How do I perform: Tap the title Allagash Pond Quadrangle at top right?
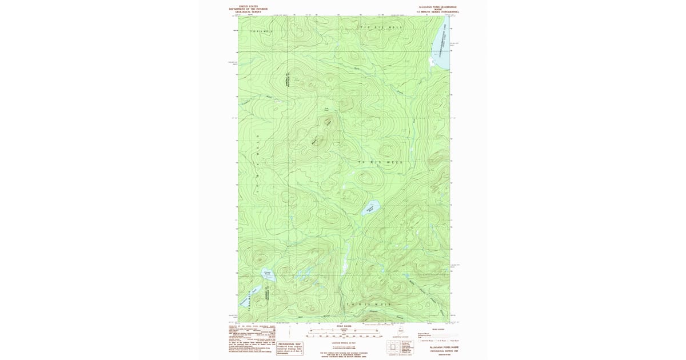click(438, 6)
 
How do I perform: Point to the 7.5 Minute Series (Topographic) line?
click(438, 11)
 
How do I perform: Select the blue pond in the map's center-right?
click(370, 208)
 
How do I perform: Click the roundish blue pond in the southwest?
click(267, 275)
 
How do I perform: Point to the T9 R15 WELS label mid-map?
click(380, 162)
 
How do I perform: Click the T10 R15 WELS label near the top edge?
click(380, 27)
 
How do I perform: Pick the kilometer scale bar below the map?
click(343, 330)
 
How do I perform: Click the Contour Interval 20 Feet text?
click(343, 341)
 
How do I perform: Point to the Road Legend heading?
click(438, 329)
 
